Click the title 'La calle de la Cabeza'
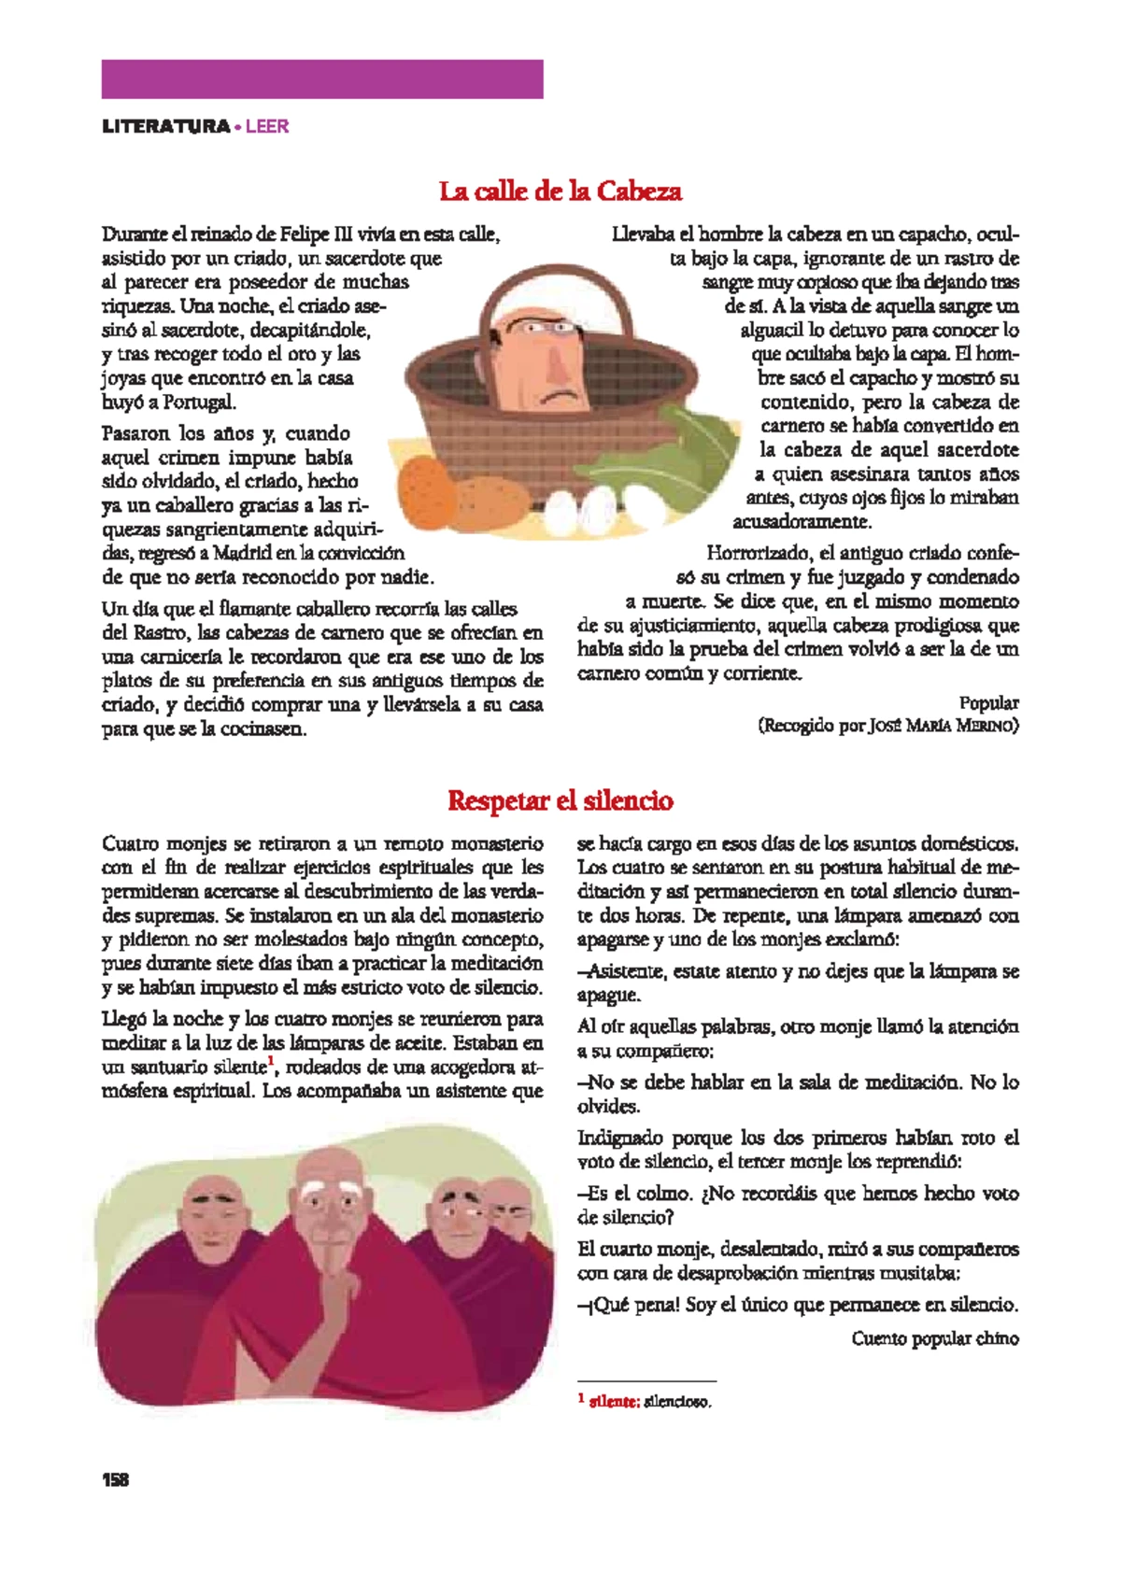pyautogui.click(x=560, y=191)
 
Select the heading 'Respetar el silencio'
pyautogui.click(x=560, y=800)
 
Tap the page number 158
pyautogui.click(x=116, y=1479)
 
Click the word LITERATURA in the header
pyautogui.click(x=166, y=126)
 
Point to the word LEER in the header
pyautogui.click(x=267, y=126)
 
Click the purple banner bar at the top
pyautogui.click(x=322, y=79)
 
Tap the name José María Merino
pyautogui.click(x=943, y=726)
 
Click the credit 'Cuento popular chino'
pyautogui.click(x=934, y=1338)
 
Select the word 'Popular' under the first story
pyautogui.click(x=988, y=702)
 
